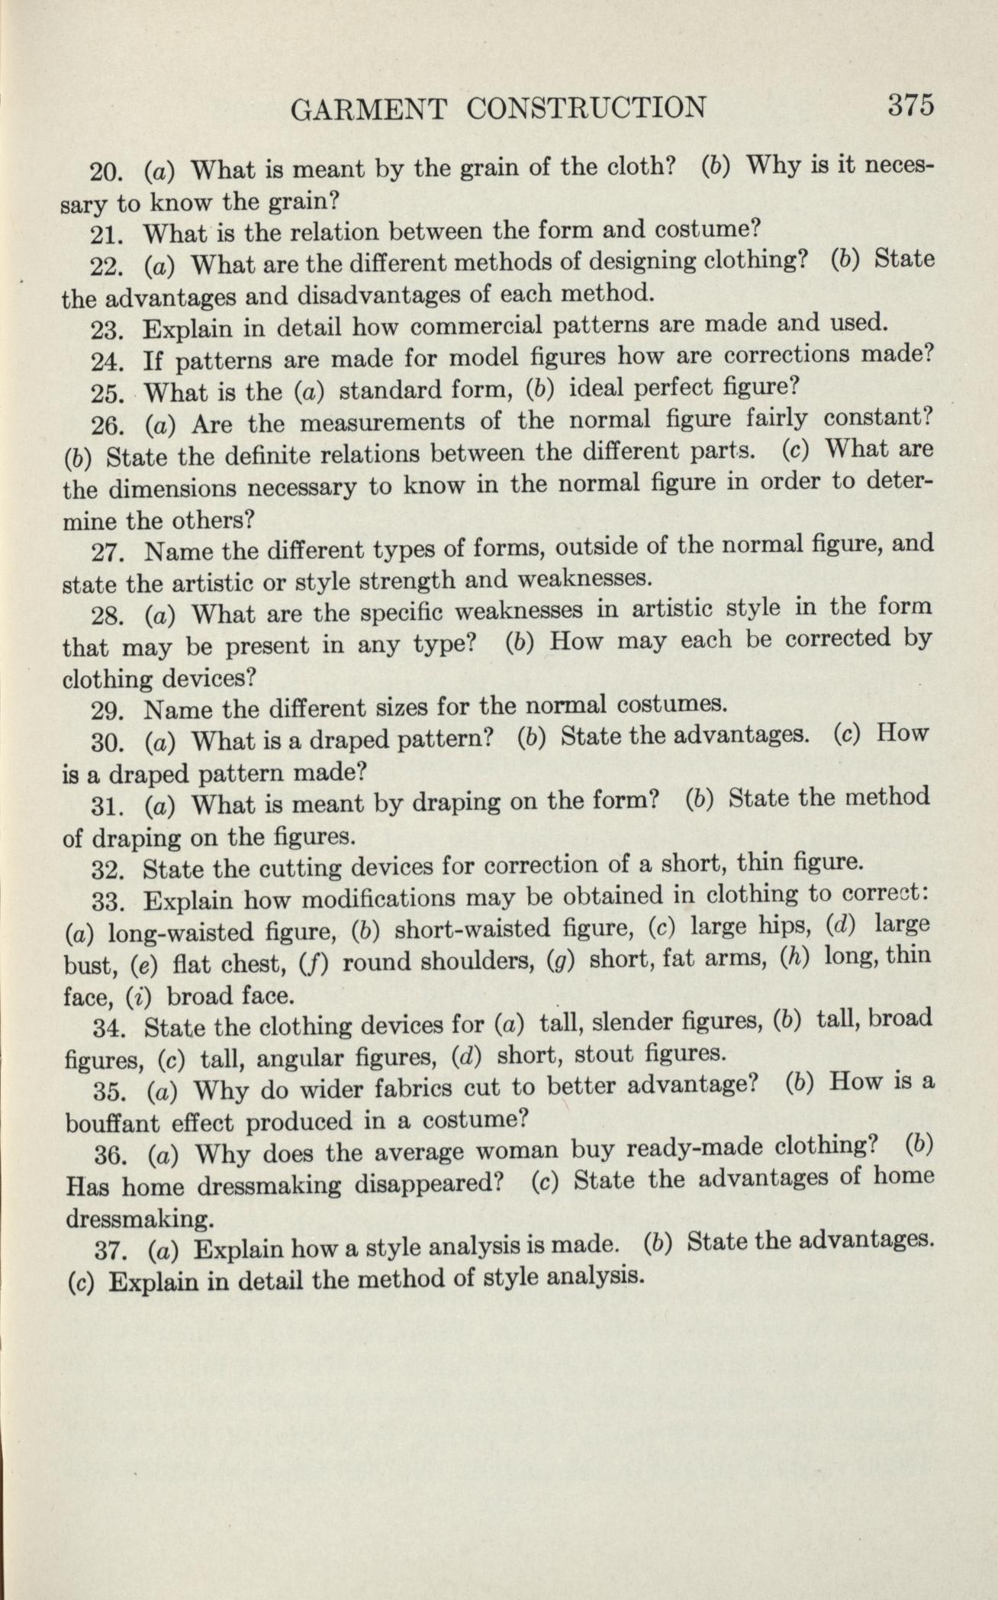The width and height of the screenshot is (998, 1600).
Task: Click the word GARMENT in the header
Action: pos(369,108)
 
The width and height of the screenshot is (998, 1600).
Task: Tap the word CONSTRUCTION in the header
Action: pos(586,107)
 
